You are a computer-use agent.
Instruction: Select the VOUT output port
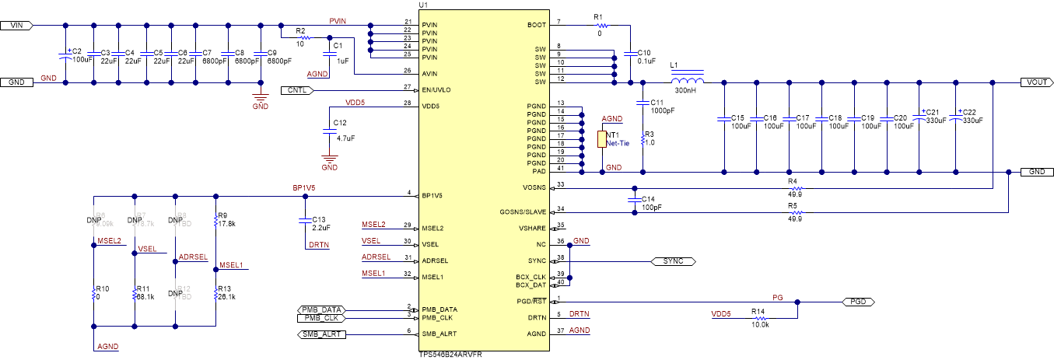pyautogui.click(x=1035, y=82)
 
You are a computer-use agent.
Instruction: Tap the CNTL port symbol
pyautogui.click(x=296, y=90)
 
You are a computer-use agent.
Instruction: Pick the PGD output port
pyautogui.click(x=856, y=301)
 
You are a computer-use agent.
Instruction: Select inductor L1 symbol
pyautogui.click(x=687, y=81)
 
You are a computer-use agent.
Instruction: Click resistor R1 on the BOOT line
pyautogui.click(x=598, y=26)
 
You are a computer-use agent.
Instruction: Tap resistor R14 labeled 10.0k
pyautogui.click(x=758, y=317)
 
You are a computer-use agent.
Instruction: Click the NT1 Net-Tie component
pyautogui.click(x=601, y=139)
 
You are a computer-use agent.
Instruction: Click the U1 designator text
pyautogui.click(x=423, y=5)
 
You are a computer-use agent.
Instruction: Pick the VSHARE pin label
pyautogui.click(x=533, y=228)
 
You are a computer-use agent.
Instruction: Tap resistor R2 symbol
pyautogui.click(x=304, y=37)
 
